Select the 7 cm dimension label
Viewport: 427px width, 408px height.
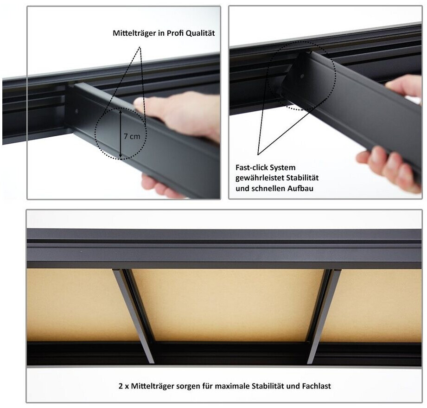[132, 136]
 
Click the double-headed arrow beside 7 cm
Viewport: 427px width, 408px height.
[121, 133]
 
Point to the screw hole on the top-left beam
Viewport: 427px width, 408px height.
[76, 111]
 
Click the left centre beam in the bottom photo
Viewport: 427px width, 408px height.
[134, 316]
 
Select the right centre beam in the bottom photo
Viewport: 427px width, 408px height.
[324, 316]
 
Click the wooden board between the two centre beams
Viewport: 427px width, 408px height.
[228, 305]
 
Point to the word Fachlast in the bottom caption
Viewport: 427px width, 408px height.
[317, 386]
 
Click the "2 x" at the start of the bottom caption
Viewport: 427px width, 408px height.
[124, 386]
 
